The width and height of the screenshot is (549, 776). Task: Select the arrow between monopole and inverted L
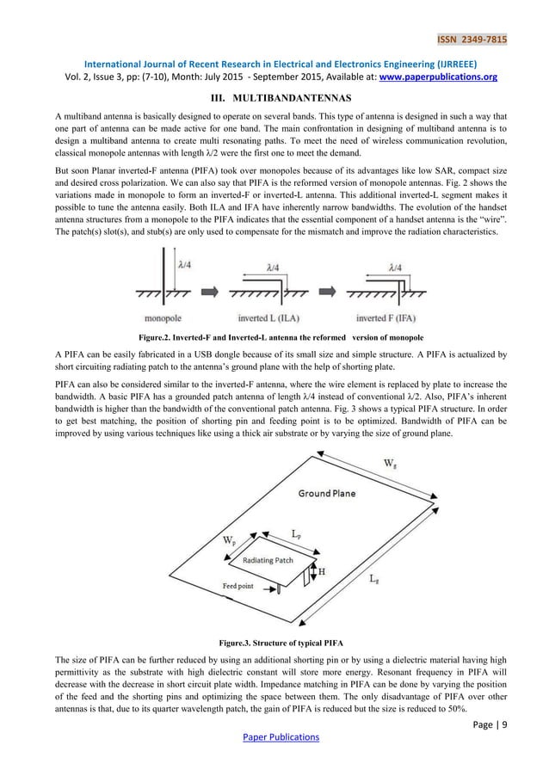[x=216, y=282]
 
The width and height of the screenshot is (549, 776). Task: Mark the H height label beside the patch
[x=322, y=570]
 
